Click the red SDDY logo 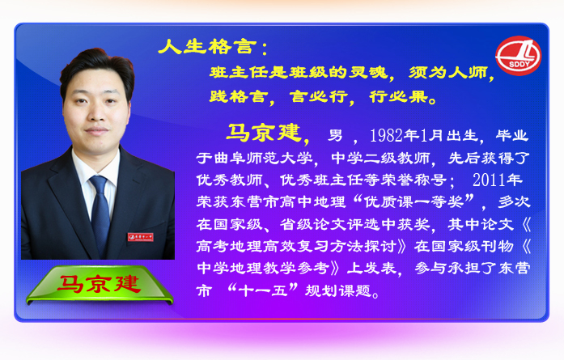(x=519, y=56)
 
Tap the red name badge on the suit (x=140, y=237)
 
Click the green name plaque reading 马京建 (x=100, y=285)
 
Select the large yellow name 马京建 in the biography (x=264, y=133)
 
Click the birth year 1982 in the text (x=386, y=136)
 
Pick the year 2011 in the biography (x=489, y=180)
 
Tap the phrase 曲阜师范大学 (x=263, y=159)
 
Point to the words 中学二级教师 (x=380, y=159)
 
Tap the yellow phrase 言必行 (x=319, y=96)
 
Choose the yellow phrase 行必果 (x=399, y=96)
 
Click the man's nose (x=96, y=112)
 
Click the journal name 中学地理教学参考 (x=263, y=268)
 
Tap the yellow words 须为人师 (x=447, y=72)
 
